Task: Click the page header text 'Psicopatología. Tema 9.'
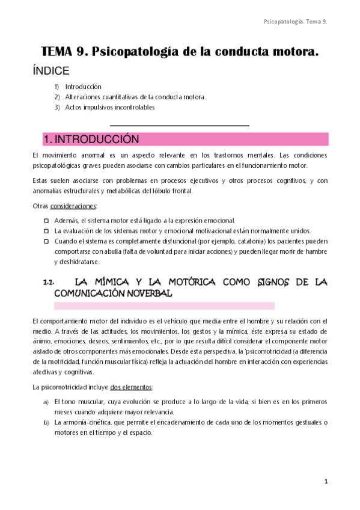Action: [295, 22]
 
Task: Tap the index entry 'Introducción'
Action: [83, 87]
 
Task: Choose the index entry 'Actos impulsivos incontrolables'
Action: [110, 107]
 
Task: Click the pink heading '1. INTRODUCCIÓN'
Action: [91, 140]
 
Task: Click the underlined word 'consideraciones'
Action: [69, 206]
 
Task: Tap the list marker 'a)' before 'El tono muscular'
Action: [46, 401]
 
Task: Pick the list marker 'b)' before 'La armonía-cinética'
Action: [46, 422]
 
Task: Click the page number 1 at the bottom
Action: [325, 482]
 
